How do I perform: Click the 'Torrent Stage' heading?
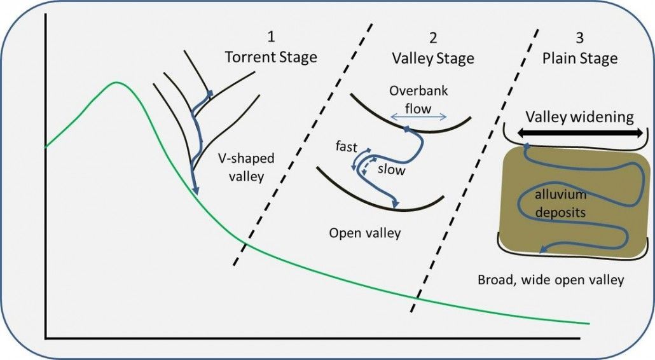click(271, 58)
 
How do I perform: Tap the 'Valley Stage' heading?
click(433, 59)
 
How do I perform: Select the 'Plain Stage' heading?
click(579, 59)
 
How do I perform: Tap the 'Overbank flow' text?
click(419, 99)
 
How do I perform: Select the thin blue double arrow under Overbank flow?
click(420, 118)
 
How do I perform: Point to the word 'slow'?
click(391, 170)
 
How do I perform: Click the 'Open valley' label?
click(365, 233)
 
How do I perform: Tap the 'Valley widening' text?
click(579, 117)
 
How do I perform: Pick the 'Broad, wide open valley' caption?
click(551, 279)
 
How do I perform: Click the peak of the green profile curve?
click(116, 83)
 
